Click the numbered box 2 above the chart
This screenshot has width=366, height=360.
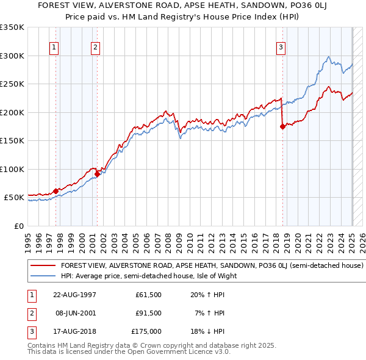point(96,48)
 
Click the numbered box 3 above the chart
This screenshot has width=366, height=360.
point(281,48)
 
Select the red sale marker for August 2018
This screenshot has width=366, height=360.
point(282,127)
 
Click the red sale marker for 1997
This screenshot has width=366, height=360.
point(56,191)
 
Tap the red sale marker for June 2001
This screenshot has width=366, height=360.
point(97,174)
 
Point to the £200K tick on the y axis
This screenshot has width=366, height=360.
point(12,112)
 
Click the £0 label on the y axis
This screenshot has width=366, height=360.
point(17,226)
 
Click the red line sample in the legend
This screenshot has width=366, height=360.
point(43,266)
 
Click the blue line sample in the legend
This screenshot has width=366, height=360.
point(43,276)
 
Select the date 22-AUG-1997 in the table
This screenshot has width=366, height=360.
point(74,295)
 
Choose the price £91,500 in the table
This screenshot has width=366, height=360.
point(148,313)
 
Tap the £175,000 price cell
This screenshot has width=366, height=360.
point(146,331)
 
